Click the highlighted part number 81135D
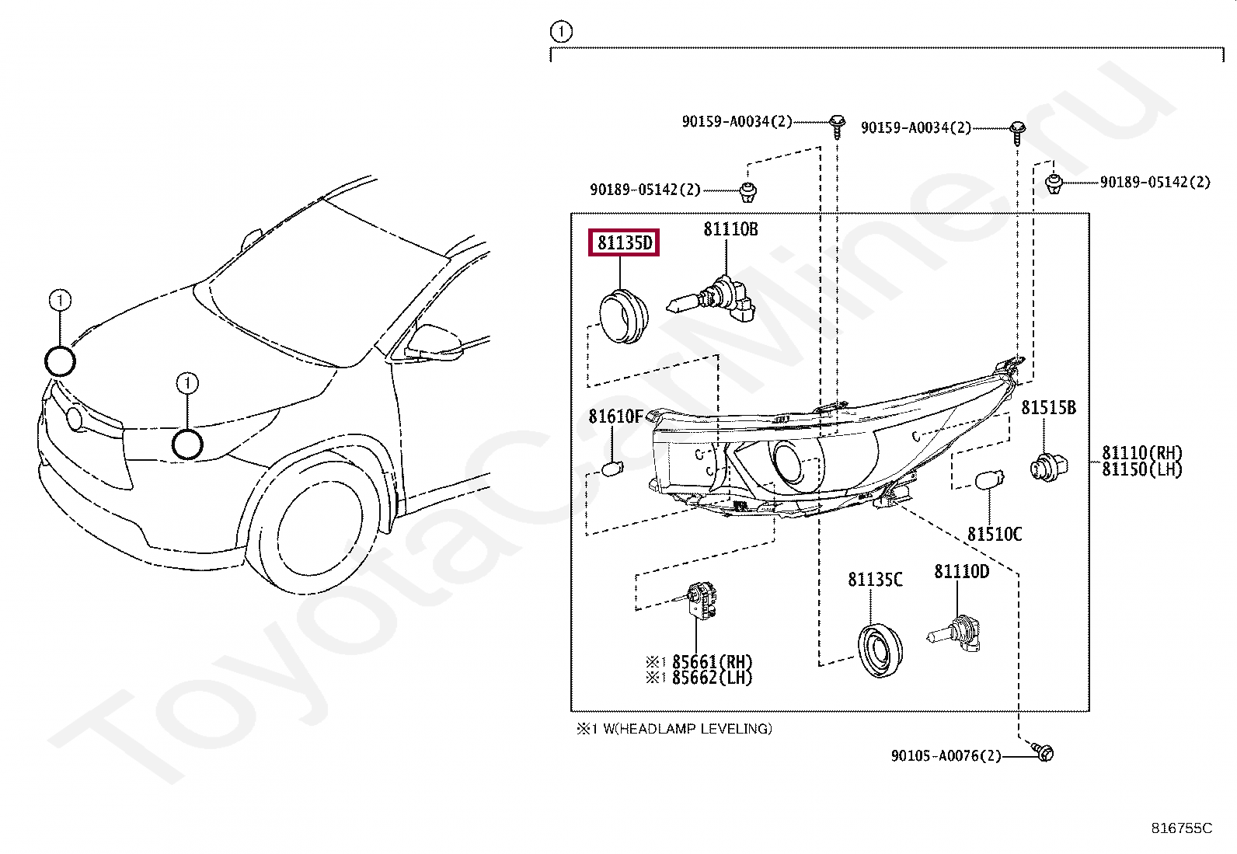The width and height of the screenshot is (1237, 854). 624,243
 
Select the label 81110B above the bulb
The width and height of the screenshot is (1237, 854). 730,229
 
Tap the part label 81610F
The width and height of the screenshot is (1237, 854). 615,417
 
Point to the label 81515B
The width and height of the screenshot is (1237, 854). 1048,408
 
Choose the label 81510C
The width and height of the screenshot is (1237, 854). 995,535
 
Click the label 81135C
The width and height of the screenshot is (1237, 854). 875,580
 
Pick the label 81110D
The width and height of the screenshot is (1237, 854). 961,572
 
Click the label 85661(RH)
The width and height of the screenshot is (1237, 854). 712,662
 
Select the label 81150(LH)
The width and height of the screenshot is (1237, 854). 1141,469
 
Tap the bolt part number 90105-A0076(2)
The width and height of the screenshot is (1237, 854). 946,756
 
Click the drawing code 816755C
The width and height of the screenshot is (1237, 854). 1181,828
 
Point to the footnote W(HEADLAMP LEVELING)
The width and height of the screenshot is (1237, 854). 687,729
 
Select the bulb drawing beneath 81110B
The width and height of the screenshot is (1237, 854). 712,302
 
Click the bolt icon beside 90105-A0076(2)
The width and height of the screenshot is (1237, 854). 1044,751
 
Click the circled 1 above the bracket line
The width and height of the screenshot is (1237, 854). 561,32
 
